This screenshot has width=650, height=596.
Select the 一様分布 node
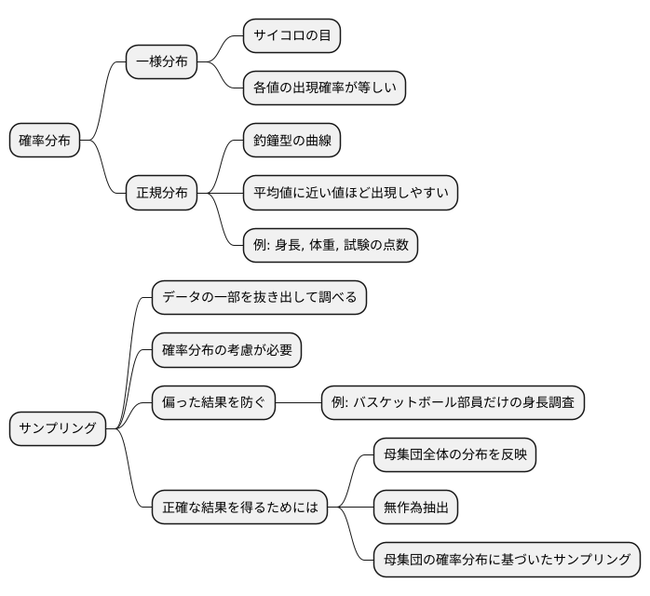pos(161,62)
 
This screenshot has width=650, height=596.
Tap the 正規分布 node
pos(161,194)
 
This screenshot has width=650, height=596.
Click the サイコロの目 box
pos(291,36)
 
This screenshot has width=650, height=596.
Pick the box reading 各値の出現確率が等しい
pos(323,88)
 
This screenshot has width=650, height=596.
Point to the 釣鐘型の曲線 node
pos(291,142)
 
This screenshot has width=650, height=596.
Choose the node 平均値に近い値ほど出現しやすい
pos(349,194)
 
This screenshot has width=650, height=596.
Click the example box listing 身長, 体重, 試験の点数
pos(330,246)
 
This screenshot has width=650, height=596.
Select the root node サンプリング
pos(58,428)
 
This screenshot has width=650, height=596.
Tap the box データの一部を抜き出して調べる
pos(259,298)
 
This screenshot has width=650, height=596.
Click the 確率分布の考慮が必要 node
pos(226,350)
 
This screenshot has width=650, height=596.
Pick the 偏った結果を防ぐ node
pos(213,402)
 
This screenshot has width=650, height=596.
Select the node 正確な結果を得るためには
pos(239,508)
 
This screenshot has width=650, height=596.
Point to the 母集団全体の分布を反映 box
pos(454,455)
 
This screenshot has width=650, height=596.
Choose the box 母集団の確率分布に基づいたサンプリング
pos(507,560)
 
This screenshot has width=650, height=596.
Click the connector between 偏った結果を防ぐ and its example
pos(298,402)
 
